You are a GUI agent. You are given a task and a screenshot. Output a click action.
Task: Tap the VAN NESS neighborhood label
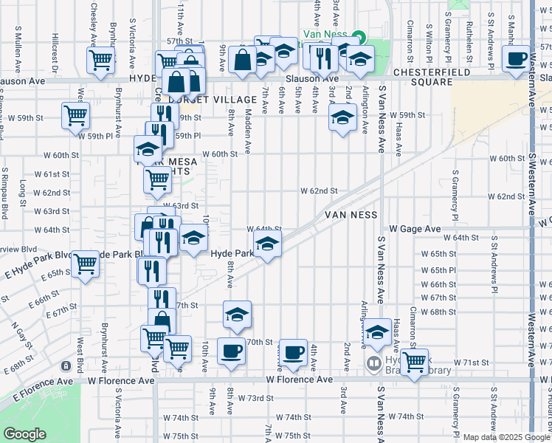(351, 215)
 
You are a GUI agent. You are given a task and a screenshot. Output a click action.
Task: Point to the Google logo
(24, 434)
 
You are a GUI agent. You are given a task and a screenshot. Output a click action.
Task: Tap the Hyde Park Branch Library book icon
(374, 363)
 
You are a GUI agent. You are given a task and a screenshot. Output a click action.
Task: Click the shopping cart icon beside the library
(414, 361)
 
